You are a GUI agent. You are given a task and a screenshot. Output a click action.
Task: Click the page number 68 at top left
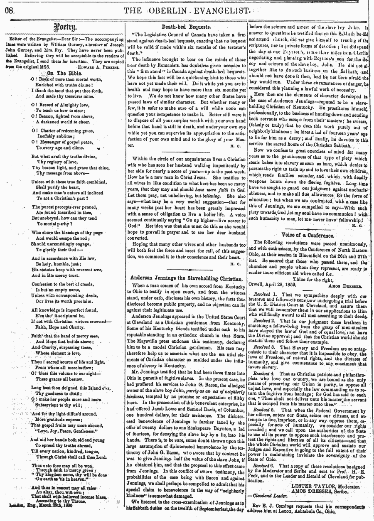[x=8, y=10]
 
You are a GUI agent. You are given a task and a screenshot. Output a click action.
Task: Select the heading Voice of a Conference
[x=308, y=234]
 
